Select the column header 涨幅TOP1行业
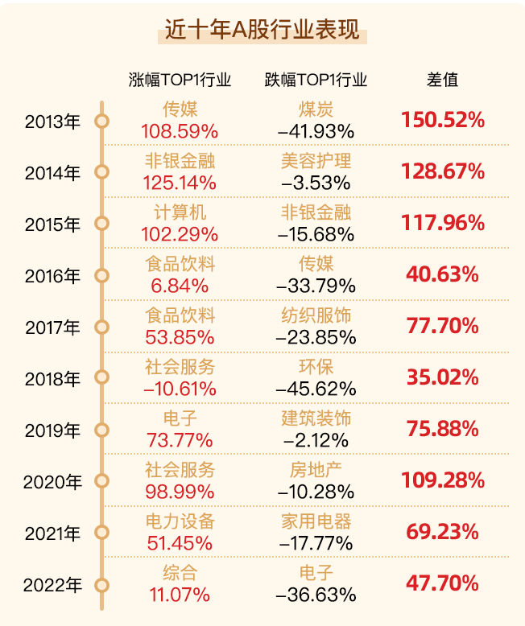point(180,80)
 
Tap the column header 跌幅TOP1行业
point(316,80)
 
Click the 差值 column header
point(442,80)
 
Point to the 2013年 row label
point(53,121)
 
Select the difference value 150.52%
point(443,121)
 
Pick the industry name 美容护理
point(316,161)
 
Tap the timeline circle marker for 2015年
point(101,224)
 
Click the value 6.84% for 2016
point(180,286)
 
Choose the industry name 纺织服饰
point(316,315)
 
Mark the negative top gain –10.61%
point(180,389)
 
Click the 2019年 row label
point(53,430)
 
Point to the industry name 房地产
point(316,470)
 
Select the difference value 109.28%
point(443,481)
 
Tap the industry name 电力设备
point(180,521)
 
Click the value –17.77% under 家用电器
point(316,542)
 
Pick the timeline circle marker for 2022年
point(101,584)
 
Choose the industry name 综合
point(180,573)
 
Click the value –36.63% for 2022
point(316,595)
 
